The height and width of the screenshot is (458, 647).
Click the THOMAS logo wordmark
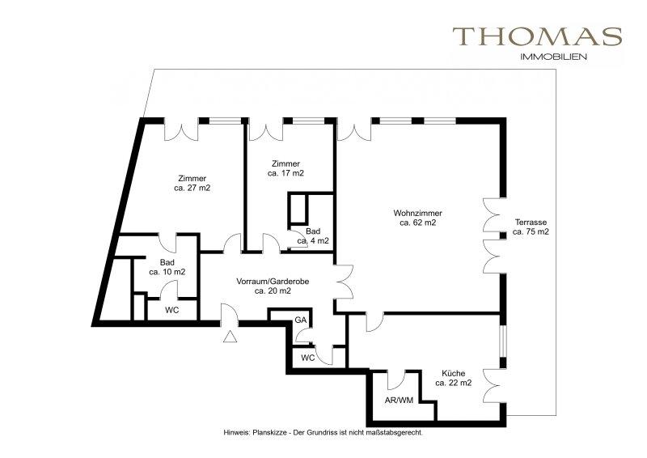click(x=537, y=36)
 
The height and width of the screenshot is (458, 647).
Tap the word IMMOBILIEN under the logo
click(x=554, y=57)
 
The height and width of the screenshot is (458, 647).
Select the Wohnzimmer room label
click(x=417, y=214)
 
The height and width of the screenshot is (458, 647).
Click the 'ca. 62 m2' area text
click(x=418, y=223)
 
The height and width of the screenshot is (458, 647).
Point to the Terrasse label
click(x=531, y=223)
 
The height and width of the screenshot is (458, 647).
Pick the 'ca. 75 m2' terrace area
click(x=531, y=231)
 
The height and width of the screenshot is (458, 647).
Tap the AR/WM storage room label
click(x=399, y=401)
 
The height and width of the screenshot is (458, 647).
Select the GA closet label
click(x=300, y=320)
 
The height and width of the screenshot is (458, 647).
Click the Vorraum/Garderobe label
click(x=273, y=282)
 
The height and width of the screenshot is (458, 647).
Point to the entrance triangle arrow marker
click(x=230, y=337)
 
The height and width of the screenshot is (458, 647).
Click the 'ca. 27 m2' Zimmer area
click(x=192, y=189)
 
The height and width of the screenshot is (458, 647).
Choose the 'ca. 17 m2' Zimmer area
click(x=285, y=173)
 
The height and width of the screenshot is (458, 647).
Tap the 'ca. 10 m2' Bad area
click(x=167, y=272)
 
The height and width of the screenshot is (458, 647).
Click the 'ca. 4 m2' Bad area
click(x=313, y=241)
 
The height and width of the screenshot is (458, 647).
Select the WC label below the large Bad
click(x=172, y=310)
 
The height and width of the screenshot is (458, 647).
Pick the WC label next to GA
click(x=308, y=358)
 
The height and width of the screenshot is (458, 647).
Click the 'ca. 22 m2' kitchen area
click(x=454, y=383)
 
